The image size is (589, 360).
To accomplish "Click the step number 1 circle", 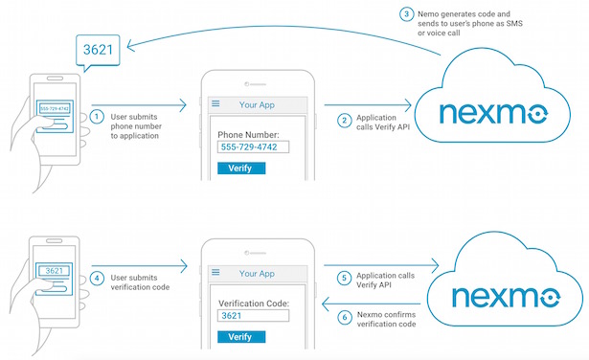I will click(98, 117).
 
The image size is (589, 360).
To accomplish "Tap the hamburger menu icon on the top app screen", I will click(215, 103).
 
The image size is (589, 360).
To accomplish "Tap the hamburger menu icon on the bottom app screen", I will click(215, 273).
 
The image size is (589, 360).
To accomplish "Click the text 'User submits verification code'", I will click(140, 283).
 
